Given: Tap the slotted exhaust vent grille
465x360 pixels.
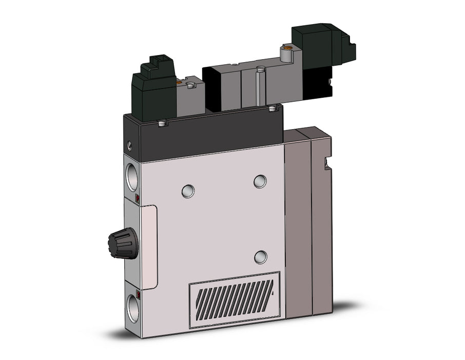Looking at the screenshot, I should (234, 300).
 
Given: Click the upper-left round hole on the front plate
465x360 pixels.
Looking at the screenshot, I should (188, 191).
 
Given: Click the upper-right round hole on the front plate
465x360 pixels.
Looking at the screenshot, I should (260, 181).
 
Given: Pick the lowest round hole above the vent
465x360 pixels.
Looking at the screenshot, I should (261, 257).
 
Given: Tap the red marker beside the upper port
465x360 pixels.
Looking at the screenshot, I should (137, 198).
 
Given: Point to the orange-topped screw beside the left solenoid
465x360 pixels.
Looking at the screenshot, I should (178, 81).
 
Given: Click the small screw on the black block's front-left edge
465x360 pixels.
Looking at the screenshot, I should (163, 123).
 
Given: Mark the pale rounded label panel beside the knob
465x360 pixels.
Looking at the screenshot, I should (148, 246).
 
